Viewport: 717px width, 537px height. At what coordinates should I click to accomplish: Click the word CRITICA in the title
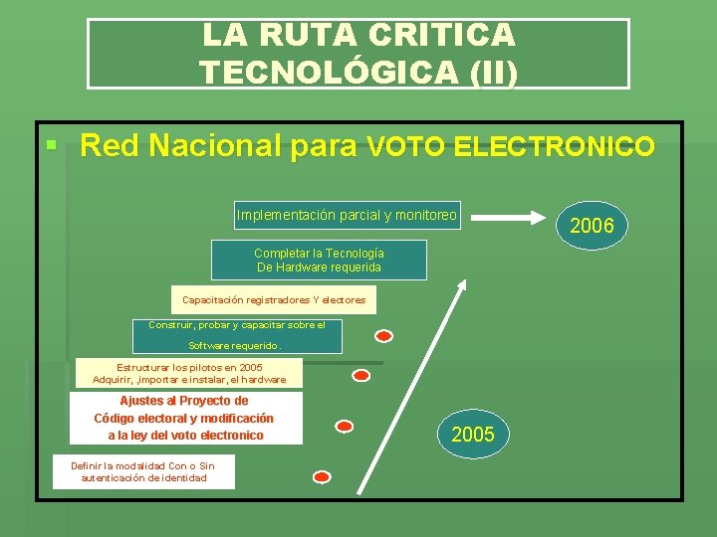441,35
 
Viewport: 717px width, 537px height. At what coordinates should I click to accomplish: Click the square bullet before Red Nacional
49,146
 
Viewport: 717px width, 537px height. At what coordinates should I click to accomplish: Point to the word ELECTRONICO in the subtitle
554,148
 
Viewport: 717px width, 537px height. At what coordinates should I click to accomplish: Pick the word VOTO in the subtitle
406,148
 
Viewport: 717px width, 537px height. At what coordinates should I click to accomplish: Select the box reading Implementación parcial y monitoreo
347,215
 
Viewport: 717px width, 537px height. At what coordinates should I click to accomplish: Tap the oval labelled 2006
592,226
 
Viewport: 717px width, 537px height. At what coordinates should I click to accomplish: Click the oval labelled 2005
472,435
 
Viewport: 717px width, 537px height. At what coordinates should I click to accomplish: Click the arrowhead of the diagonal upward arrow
461,284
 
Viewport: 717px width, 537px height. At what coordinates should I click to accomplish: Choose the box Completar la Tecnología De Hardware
319,261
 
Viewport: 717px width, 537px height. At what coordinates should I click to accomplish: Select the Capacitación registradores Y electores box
274,299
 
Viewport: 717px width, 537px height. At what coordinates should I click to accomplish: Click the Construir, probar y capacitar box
237,336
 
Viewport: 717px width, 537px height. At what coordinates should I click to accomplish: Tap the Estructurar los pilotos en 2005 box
189,373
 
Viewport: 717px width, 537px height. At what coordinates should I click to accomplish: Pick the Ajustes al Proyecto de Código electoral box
185,418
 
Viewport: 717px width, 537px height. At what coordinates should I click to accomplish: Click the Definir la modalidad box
143,471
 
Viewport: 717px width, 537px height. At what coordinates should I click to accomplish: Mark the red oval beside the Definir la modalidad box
322,476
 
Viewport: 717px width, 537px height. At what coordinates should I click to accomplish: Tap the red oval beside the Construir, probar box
384,335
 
